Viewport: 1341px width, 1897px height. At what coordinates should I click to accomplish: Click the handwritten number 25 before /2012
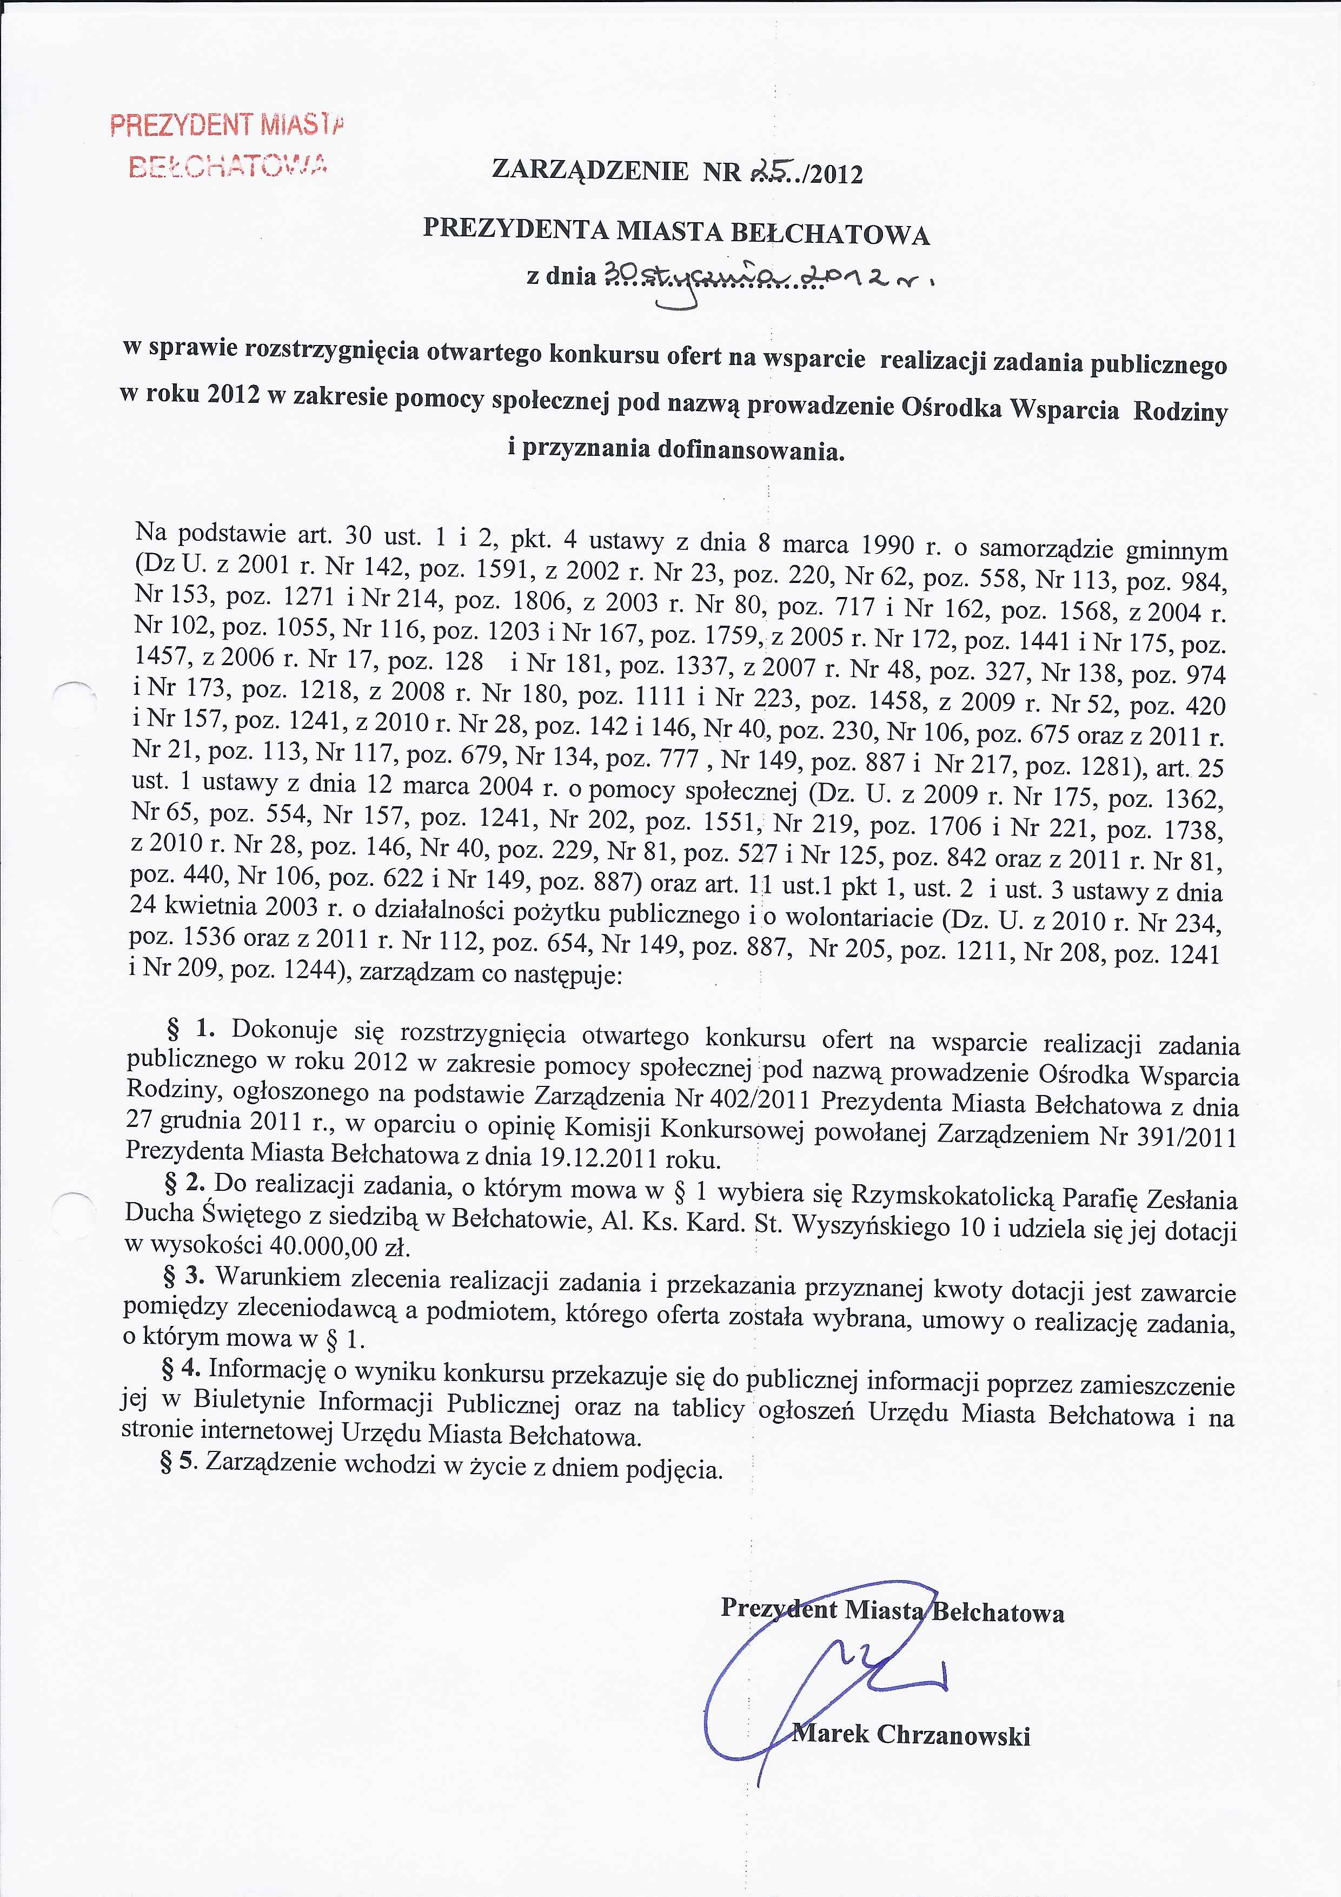(x=768, y=171)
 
